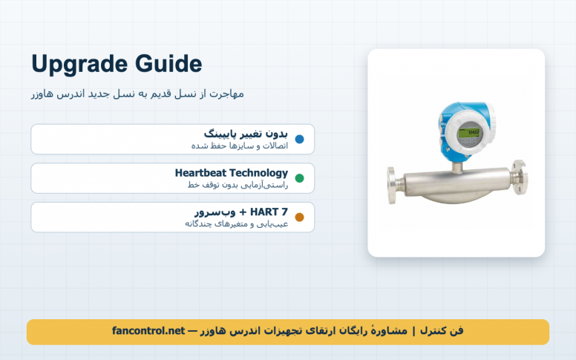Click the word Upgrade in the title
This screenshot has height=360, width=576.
79,65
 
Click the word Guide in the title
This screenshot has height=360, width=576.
168,64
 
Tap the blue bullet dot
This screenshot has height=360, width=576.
299,140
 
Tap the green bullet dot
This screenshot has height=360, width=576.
299,178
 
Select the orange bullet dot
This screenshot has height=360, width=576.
299,217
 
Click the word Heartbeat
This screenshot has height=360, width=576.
200,173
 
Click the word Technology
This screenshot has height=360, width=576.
258,174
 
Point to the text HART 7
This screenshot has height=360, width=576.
269,212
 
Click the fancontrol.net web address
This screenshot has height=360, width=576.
148,331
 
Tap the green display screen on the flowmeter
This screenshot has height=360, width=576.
468,132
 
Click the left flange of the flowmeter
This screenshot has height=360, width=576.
392,185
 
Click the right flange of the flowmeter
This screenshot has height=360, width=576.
520,177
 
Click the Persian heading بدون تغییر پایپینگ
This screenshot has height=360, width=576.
246,134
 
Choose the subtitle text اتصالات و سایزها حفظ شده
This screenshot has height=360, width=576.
240,145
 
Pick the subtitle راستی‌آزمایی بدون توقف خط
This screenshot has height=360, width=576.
238,185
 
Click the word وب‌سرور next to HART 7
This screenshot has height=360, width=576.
215,212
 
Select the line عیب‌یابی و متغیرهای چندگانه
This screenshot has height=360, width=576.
236,223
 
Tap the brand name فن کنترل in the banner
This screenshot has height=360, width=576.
442,331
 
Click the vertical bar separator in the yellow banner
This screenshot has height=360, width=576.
413,331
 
